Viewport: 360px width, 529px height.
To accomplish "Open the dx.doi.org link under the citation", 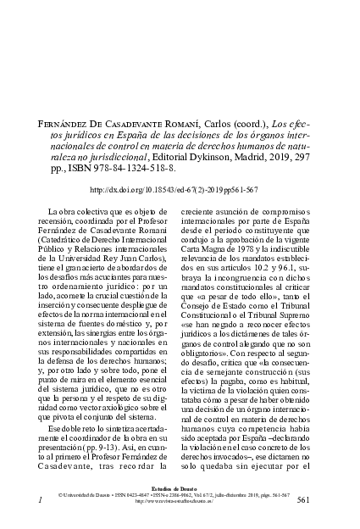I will click(179, 191).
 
